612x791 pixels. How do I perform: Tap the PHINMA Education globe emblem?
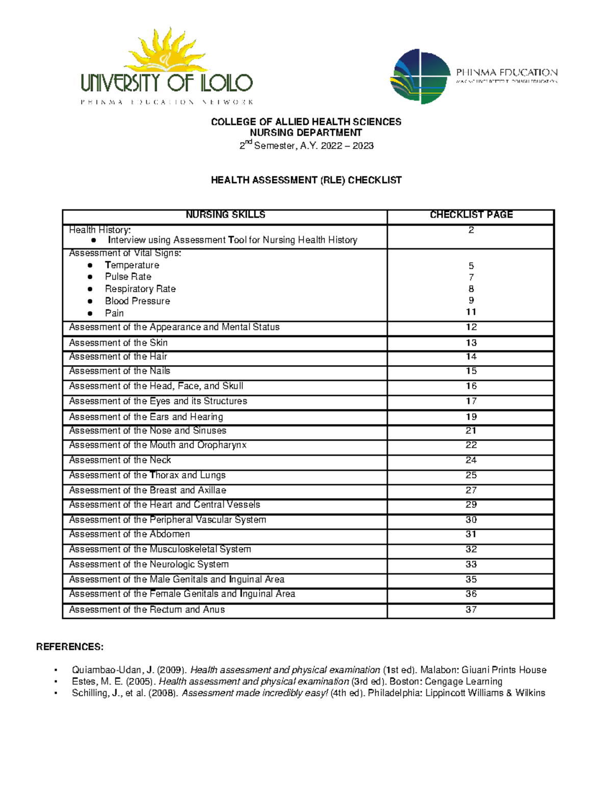(x=420, y=76)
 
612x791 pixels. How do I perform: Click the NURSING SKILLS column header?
(x=225, y=215)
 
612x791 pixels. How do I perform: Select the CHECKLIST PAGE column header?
(x=471, y=215)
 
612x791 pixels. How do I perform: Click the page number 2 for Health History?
(x=471, y=230)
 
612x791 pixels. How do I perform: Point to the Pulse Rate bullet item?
(x=128, y=277)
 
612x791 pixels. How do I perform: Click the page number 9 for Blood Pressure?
(x=471, y=301)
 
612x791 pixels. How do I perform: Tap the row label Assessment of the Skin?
(x=118, y=343)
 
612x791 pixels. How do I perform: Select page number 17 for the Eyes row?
(x=471, y=401)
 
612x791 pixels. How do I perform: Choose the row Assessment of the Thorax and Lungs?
(x=147, y=475)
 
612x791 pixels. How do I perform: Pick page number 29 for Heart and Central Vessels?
(x=471, y=505)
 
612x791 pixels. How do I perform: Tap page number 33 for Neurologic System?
(x=471, y=564)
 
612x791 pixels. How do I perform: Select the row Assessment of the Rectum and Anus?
(x=147, y=610)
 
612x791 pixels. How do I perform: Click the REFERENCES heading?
(x=69, y=647)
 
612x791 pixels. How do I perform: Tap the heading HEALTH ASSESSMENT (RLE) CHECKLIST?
(x=306, y=180)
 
